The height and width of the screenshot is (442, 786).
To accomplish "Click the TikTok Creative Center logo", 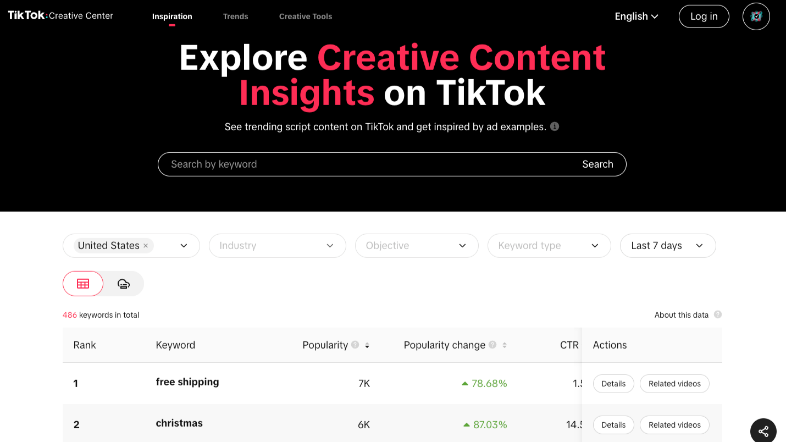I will tap(60, 15).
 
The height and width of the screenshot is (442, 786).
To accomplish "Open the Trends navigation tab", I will tap(235, 16).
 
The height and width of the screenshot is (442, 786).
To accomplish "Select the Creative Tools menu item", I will tap(305, 16).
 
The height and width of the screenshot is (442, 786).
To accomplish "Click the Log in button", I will tap(704, 16).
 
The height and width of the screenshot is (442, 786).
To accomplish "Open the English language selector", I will tap(636, 16).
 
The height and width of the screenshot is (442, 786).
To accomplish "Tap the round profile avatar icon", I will tap(756, 16).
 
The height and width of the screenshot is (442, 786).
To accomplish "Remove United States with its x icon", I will tap(146, 246).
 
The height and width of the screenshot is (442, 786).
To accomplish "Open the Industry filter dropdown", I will tap(277, 246).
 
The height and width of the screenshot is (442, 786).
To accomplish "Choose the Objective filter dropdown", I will tap(416, 246).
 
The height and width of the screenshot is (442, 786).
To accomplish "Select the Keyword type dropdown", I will tap(549, 246).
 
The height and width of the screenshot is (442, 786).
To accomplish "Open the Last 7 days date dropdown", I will tap(667, 246).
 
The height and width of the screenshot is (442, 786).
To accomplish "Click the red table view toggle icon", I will tap(83, 284).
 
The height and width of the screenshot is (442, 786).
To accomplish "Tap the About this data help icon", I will tap(718, 315).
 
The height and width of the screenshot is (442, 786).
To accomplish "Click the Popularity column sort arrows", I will tap(367, 345).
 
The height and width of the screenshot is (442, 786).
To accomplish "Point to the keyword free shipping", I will tap(187, 382).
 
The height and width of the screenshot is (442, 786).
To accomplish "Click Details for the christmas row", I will tap(613, 425).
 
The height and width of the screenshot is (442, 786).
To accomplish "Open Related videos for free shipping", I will tap(674, 384).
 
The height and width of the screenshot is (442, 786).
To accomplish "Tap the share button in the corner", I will tap(763, 432).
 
